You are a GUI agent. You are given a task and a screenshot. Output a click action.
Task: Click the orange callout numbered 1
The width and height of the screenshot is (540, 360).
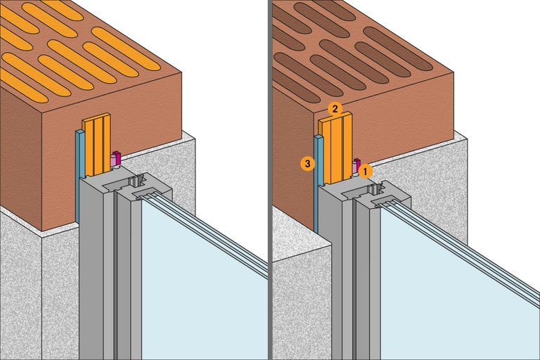366,169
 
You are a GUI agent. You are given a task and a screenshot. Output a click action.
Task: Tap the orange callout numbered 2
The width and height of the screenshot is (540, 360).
335,108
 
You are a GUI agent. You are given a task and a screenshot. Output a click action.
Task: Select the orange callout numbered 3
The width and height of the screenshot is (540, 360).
307,164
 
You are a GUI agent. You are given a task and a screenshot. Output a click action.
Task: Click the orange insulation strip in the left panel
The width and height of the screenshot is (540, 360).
96,144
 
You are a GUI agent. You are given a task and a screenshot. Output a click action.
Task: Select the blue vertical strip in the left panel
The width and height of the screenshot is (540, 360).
79,176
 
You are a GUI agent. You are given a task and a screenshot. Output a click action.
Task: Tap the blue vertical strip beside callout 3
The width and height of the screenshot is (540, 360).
318,183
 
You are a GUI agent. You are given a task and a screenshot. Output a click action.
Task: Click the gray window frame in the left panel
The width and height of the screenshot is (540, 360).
95,267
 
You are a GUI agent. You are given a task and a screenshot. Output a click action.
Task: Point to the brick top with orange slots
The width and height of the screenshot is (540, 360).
77,49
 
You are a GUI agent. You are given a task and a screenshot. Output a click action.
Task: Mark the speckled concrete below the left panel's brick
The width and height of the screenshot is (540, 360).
21,295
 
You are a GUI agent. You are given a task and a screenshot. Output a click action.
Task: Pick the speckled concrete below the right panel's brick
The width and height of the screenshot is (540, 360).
295,302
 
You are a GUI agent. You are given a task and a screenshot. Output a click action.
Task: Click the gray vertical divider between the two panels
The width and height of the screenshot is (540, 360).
269,180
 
